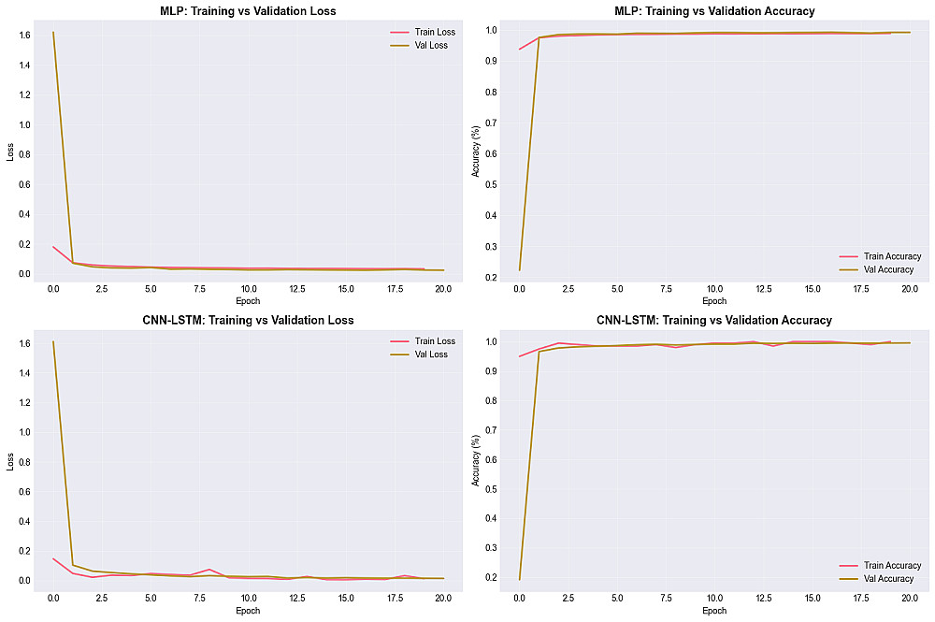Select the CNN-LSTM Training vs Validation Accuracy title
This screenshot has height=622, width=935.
pyautogui.click(x=713, y=320)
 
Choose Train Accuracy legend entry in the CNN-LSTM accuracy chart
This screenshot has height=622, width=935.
pyautogui.click(x=883, y=565)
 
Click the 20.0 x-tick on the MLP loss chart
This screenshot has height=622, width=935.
pyautogui.click(x=443, y=289)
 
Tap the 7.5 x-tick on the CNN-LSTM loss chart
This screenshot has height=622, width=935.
pyautogui.click(x=199, y=598)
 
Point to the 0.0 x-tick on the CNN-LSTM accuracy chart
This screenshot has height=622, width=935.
pyautogui.click(x=519, y=598)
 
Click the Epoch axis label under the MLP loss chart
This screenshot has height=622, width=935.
pyautogui.click(x=248, y=301)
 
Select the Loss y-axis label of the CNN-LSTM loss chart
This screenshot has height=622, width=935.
pyautogui.click(x=10, y=462)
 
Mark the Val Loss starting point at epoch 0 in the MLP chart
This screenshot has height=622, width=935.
pyautogui.click(x=53, y=33)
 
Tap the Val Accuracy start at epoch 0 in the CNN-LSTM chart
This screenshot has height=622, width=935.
pyautogui.click(x=519, y=579)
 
